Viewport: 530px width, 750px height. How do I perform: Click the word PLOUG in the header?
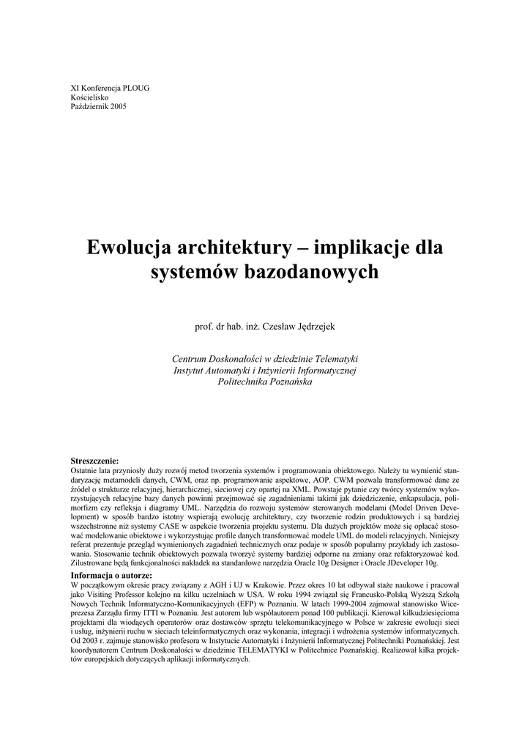[x=135, y=88]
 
